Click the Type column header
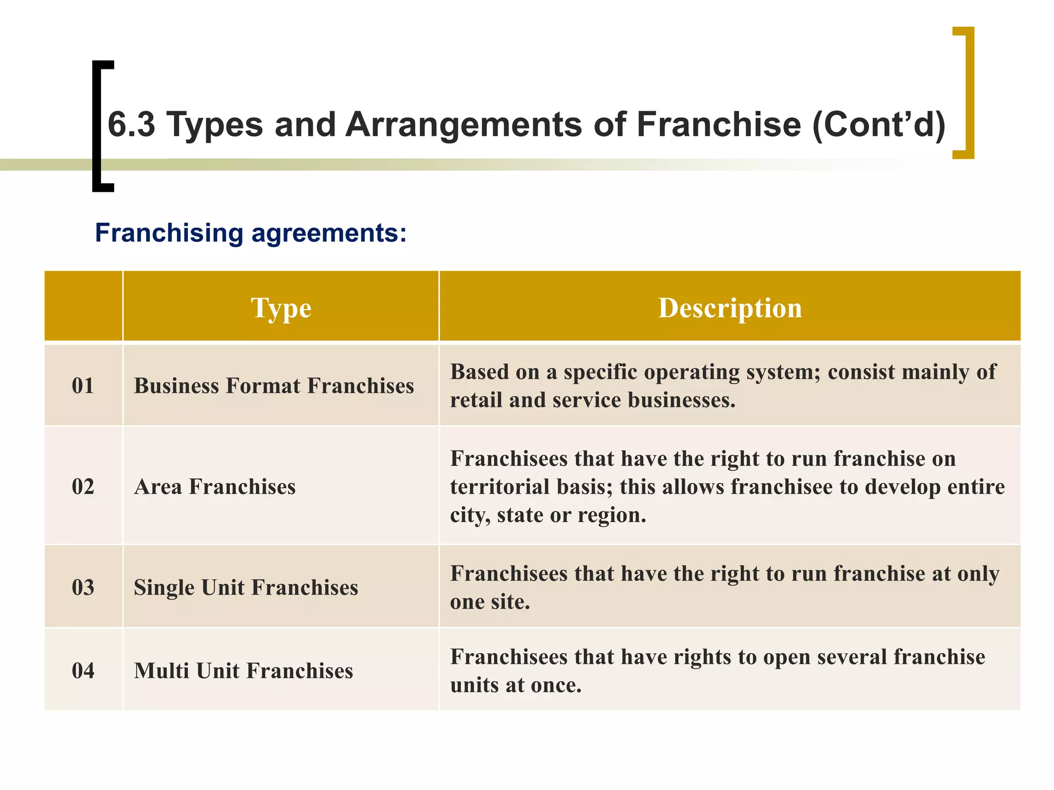coord(281,308)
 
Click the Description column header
coord(730,308)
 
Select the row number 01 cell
coord(83,386)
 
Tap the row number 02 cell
coord(83,487)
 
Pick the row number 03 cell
coord(83,587)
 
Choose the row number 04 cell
coord(83,671)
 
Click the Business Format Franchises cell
coord(274,386)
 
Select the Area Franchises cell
coord(215,487)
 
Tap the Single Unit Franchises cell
coord(245,587)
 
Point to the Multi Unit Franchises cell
coord(243,671)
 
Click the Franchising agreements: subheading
coord(251,232)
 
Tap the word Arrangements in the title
coord(463,124)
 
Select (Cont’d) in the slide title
coord(879,124)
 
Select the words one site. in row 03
coord(490,602)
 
